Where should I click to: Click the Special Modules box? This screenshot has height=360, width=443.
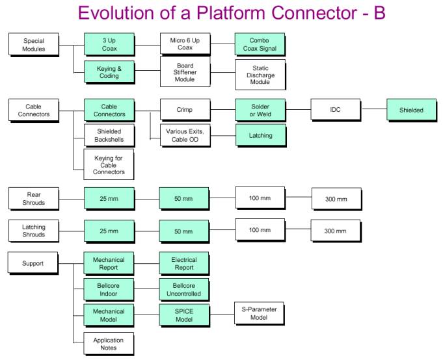[x=34, y=44]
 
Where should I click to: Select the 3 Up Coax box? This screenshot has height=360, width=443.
[x=109, y=44]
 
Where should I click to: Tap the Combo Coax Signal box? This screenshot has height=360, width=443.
[x=260, y=44]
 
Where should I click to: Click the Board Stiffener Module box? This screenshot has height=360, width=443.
[x=185, y=72]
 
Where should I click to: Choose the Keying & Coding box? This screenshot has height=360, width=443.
[x=109, y=71]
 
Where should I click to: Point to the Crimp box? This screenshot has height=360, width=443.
[x=185, y=110]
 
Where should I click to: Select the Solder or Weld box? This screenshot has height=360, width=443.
[x=260, y=110]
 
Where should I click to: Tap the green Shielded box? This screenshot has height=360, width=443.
[x=411, y=110]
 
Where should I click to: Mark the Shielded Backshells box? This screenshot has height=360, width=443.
[x=109, y=135]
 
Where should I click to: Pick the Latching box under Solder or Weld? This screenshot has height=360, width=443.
[x=260, y=135]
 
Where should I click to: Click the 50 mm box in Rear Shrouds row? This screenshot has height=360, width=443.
[x=185, y=198]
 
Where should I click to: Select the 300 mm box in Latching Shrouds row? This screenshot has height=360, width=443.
[x=336, y=231]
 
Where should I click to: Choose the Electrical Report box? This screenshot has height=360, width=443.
[x=185, y=263]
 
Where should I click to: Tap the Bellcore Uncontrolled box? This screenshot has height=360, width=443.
[x=185, y=289]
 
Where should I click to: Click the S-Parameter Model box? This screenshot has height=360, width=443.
[x=260, y=313]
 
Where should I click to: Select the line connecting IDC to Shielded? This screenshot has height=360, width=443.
[x=373, y=109]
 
